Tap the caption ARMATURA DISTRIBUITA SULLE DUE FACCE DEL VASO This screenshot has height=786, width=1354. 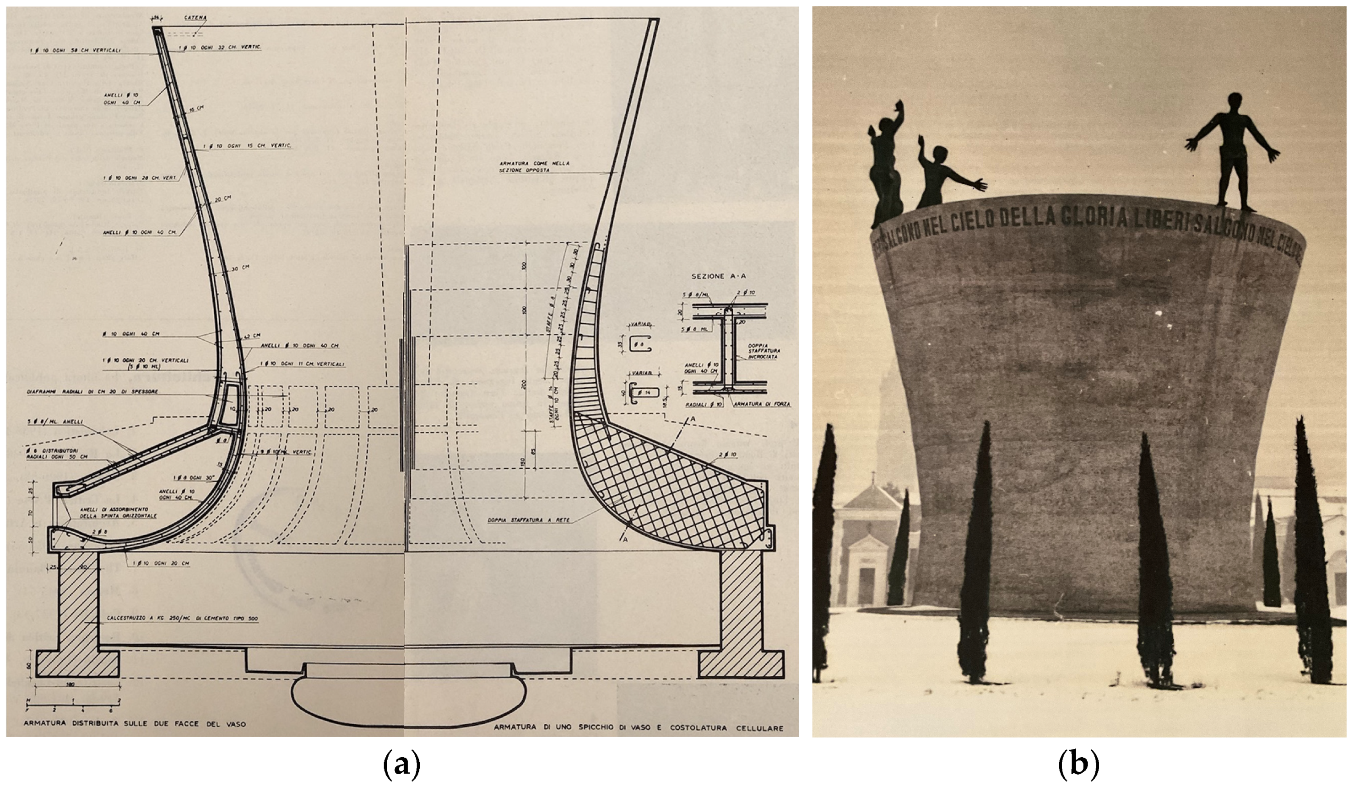click(x=134, y=724)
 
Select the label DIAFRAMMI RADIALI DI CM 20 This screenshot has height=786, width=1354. click(x=92, y=392)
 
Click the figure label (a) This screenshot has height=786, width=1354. click(x=401, y=765)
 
